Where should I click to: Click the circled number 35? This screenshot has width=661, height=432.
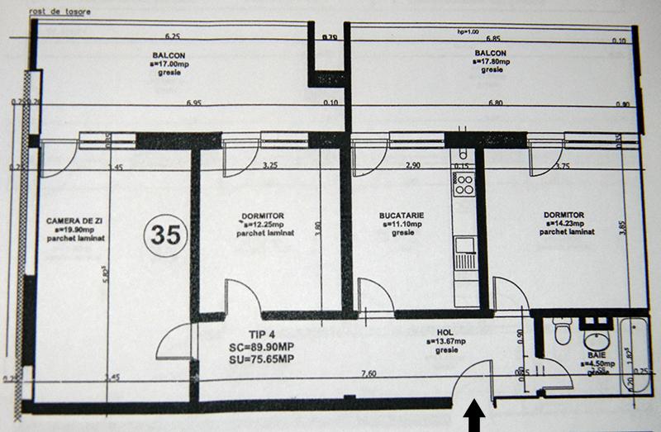point(164,235)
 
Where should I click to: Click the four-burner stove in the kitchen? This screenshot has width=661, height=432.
point(464,183)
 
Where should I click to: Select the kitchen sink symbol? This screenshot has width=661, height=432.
point(464,245)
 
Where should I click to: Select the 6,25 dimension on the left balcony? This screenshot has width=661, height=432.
point(172,37)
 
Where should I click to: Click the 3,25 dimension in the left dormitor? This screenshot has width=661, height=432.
point(269,166)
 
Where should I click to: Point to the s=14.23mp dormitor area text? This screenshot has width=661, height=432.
point(564,224)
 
